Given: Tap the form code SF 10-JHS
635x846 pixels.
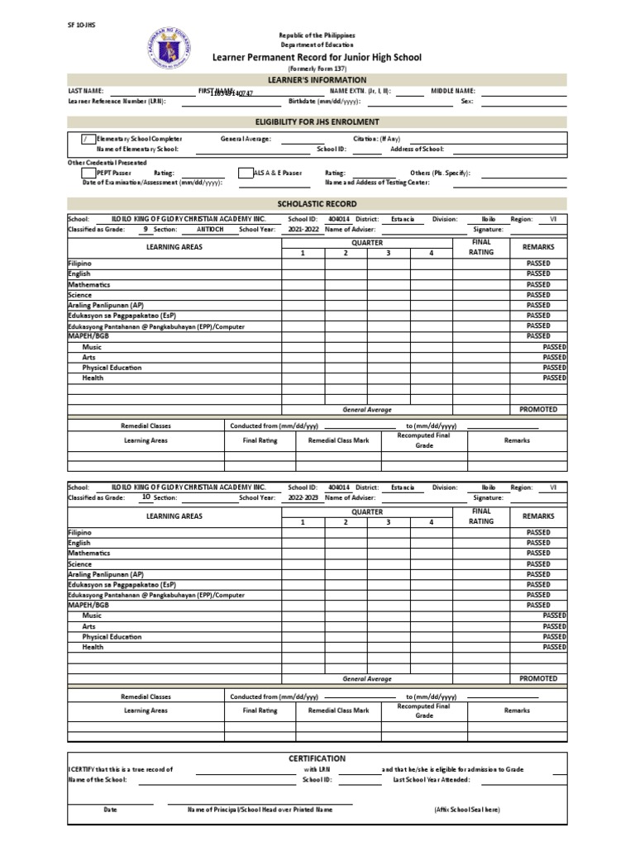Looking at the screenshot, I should pos(80,25).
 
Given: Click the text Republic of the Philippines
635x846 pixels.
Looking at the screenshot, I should pos(317,36).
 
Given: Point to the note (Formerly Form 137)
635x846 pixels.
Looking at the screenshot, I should pos(317,69).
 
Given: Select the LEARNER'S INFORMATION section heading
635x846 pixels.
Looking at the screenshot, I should pos(317,80).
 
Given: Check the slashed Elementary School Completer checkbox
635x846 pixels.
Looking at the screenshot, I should pos(88,139).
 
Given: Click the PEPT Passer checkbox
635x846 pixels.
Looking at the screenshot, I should pos(88,173).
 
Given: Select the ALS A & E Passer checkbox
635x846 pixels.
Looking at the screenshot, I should pos(246,173).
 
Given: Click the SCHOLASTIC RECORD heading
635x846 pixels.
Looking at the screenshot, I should pos(317,203).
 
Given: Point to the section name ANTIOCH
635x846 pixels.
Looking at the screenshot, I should pos(210,229).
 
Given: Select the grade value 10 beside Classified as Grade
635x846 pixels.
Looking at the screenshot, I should pos(146,497).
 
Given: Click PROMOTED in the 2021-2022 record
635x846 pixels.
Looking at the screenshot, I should pos(538,410).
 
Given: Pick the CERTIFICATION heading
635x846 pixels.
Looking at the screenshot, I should pos(317,758).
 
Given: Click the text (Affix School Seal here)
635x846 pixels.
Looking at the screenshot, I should pos(466,810).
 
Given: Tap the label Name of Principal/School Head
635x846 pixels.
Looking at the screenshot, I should pos(260,810).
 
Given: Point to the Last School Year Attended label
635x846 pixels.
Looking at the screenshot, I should pos(432,779).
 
